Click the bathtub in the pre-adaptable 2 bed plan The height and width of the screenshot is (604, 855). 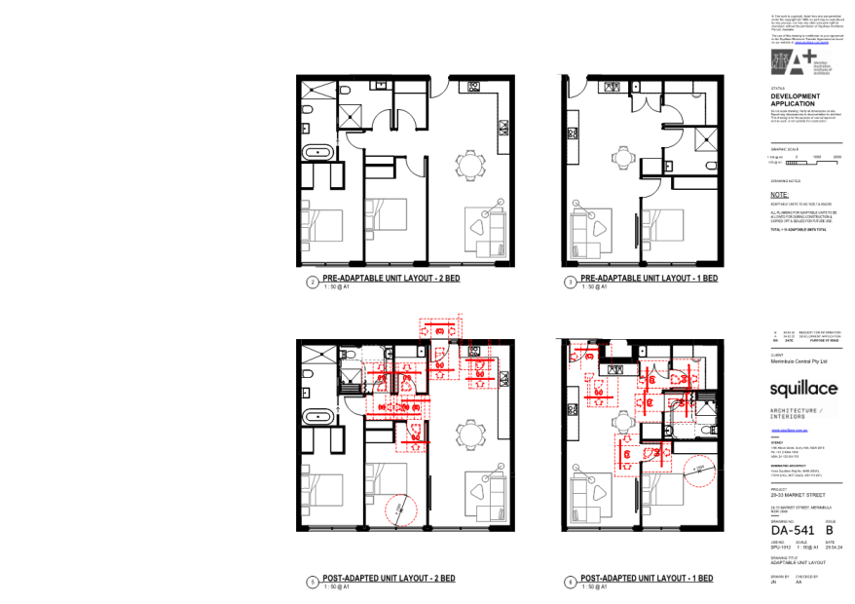[x=318, y=153]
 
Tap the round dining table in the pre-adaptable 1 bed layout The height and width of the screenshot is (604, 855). [x=621, y=155]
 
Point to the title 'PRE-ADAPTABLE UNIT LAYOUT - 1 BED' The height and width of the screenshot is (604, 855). [x=649, y=280]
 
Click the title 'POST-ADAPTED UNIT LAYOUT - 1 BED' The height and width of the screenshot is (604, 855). [x=647, y=579]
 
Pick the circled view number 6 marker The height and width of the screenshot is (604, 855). [x=571, y=583]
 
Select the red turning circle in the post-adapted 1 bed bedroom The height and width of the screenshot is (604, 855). [x=699, y=472]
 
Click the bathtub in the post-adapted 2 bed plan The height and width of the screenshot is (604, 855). [x=318, y=418]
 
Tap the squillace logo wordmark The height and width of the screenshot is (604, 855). [x=803, y=390]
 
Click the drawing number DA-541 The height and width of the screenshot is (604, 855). [x=793, y=530]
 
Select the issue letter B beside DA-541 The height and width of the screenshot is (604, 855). [x=830, y=530]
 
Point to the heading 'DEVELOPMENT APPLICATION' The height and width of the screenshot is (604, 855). [x=796, y=101]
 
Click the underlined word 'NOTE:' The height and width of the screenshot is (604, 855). [x=779, y=195]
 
